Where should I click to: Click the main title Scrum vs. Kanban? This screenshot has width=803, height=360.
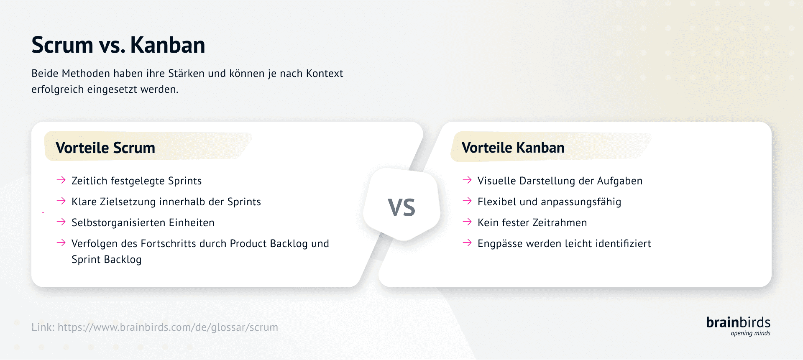118,45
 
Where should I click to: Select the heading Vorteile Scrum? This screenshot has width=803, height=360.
105,148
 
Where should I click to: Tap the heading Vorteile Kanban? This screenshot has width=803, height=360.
513,148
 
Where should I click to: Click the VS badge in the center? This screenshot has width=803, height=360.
401,207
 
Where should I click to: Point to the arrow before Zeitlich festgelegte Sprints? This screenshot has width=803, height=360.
61,180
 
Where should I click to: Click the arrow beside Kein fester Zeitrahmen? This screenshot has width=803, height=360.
467,222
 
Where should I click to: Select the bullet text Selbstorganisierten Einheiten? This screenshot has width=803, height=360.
143,223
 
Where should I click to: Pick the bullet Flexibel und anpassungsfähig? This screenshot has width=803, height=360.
549,202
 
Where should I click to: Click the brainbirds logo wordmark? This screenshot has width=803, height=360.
738,322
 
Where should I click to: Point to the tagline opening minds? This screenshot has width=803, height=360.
750,333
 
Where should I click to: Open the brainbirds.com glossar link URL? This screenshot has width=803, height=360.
168,327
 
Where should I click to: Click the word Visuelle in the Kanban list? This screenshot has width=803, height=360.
496,181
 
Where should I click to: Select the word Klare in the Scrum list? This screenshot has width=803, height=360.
84,202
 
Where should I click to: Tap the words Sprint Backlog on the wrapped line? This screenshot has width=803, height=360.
107,260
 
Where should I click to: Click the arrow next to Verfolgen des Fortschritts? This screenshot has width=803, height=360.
61,243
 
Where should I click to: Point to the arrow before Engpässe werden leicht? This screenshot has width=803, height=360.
467,243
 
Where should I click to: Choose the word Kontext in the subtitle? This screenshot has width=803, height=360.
325,74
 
